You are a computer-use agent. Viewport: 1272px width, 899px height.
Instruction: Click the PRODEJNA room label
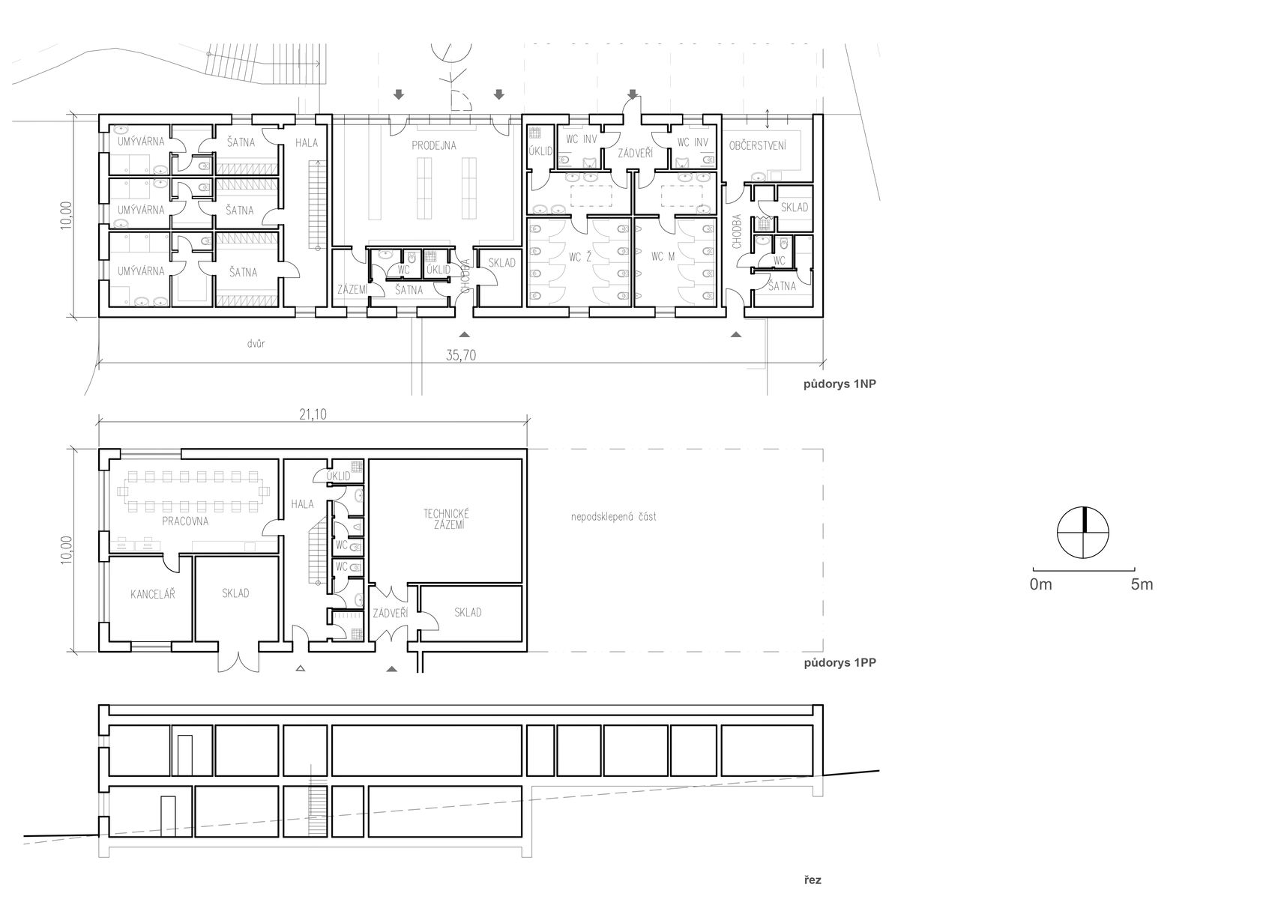point(434,145)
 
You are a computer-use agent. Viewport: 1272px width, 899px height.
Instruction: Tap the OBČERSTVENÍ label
point(758,146)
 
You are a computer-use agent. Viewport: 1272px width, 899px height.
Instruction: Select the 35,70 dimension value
point(460,355)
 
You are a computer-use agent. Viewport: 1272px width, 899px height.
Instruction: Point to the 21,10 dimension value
point(313,414)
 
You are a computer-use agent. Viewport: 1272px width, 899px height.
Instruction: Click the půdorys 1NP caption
point(840,384)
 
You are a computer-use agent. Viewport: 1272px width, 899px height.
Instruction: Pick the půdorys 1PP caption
point(840,662)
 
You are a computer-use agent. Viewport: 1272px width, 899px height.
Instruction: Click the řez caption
point(813,880)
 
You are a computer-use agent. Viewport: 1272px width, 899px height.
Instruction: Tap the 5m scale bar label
point(1142,584)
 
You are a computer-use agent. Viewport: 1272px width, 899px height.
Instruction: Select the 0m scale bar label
point(1041,584)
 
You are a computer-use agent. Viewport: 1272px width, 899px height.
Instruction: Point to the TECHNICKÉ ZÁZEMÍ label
point(446,519)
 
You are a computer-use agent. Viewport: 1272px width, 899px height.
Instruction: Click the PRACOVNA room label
point(185,521)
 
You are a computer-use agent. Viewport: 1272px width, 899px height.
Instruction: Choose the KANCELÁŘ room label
point(153,594)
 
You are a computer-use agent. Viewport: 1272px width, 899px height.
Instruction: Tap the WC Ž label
point(579,258)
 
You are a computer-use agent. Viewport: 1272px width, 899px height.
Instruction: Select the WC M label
point(663,256)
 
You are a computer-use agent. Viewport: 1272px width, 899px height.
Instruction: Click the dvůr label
point(256,343)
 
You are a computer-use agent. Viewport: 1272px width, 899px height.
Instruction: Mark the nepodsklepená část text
point(613,517)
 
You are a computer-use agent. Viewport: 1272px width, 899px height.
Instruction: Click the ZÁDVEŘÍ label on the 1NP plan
point(636,153)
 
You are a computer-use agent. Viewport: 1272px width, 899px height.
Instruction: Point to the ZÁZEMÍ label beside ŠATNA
point(352,289)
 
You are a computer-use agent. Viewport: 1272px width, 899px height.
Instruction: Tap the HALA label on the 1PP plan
point(302,504)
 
